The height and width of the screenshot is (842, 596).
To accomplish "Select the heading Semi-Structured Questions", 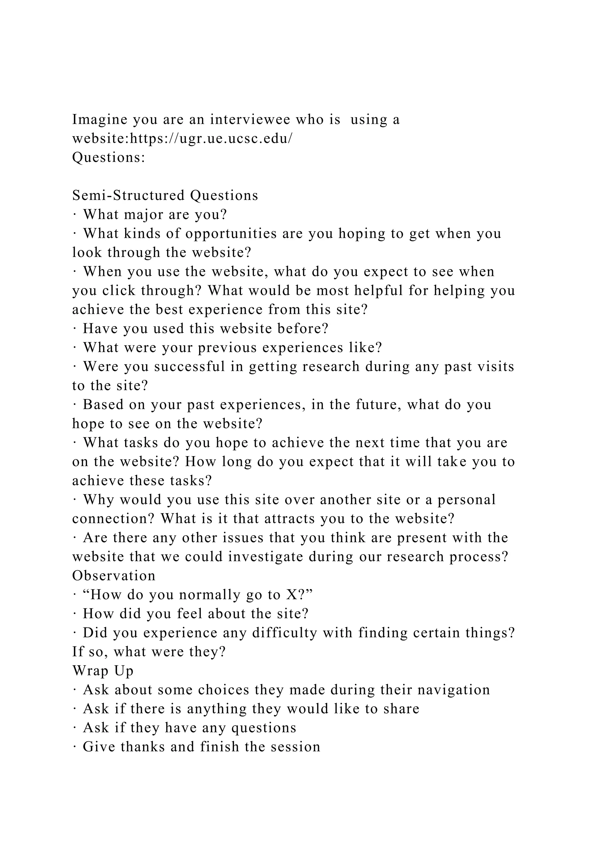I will tap(165, 195).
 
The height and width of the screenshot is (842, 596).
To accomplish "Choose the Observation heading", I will tap(114, 576).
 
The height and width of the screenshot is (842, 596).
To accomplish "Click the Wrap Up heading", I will tap(103, 671).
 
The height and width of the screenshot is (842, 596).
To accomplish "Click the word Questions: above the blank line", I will tap(109, 158).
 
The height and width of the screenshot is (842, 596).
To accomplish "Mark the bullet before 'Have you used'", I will tap(74, 329).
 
